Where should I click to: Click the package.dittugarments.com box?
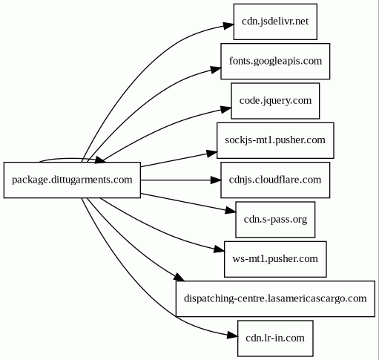(72, 180)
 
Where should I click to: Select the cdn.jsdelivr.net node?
(275, 22)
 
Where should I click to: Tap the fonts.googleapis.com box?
(275, 61)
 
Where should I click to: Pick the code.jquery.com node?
(275, 101)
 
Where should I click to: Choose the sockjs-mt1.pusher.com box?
(275, 140)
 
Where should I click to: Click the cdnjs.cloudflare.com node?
(275, 180)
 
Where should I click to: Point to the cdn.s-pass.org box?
(275, 220)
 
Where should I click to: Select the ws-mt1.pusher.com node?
(275, 259)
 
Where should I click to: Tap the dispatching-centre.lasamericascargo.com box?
(275, 298)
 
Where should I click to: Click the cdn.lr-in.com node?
(275, 338)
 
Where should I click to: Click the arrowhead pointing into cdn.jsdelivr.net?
(228, 25)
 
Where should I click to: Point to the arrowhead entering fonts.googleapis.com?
(215, 69)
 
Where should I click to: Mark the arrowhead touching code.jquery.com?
(225, 109)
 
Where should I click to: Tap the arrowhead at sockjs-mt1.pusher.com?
(211, 153)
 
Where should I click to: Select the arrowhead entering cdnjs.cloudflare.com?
(215, 180)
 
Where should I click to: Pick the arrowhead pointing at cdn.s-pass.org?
(231, 210)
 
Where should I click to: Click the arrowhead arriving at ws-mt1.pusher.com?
(220, 249)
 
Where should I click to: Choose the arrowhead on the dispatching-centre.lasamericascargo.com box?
(179, 277)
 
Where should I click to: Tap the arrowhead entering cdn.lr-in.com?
(232, 335)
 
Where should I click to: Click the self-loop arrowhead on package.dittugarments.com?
(100, 160)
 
